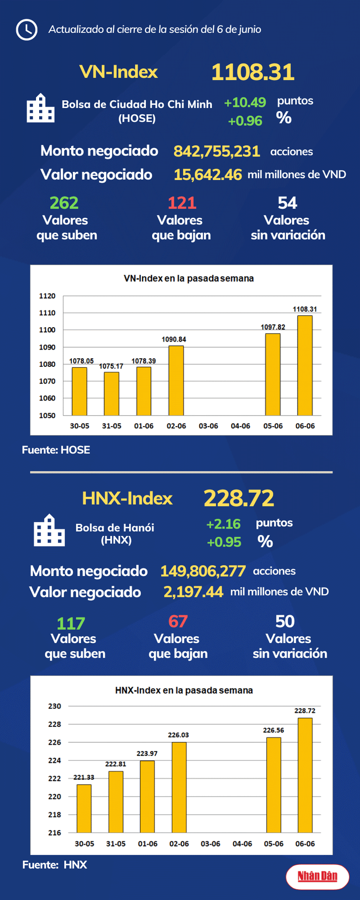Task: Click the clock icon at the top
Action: point(26,30)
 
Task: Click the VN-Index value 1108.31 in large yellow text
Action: point(252,72)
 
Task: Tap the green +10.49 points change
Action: point(245,103)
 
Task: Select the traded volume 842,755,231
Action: point(216,151)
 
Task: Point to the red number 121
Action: point(182,203)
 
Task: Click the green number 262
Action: point(64,203)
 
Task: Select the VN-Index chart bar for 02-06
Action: point(176,381)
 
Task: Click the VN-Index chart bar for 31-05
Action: point(111,393)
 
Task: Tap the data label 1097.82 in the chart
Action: point(273,327)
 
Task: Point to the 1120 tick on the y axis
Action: point(47,296)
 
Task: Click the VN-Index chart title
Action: point(189,278)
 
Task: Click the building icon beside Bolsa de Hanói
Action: point(49,530)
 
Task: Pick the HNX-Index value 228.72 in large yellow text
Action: point(239,498)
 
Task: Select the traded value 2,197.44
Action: point(193,592)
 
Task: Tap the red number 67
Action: point(178,622)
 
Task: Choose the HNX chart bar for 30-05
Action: point(84,808)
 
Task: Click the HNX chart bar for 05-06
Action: point(273,785)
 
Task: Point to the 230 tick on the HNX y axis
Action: point(55,706)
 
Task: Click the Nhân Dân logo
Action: point(317,876)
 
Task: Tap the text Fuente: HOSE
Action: point(56,450)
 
